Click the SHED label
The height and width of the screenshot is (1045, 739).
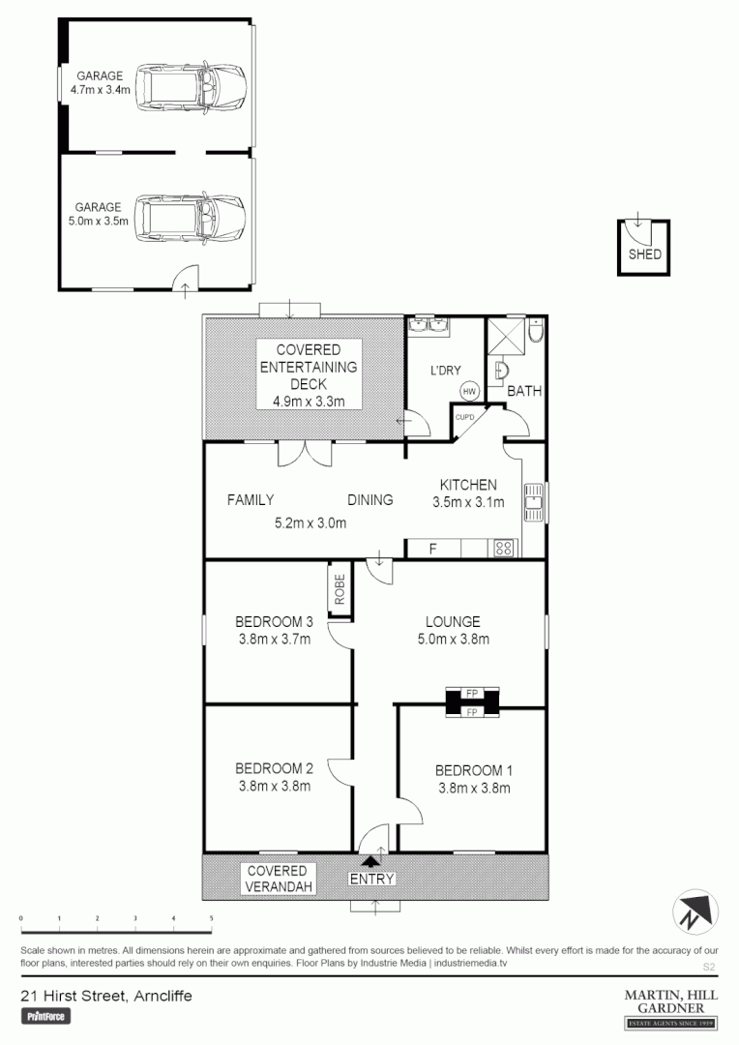(x=645, y=255)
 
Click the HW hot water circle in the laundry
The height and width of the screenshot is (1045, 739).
(x=470, y=391)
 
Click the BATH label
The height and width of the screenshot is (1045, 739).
(x=525, y=392)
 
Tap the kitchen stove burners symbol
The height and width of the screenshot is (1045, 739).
(x=504, y=549)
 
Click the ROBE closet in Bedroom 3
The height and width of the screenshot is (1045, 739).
(x=340, y=590)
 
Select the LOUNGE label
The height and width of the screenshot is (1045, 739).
(x=453, y=622)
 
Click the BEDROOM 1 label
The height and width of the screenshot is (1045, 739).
(x=473, y=771)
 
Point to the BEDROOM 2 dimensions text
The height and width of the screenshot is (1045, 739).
(x=274, y=786)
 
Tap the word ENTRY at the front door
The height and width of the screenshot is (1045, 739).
(x=372, y=879)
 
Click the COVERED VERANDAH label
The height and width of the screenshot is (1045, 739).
(x=277, y=878)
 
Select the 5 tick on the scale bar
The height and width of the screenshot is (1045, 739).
(x=211, y=917)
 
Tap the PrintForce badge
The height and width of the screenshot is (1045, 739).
(x=45, y=1017)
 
